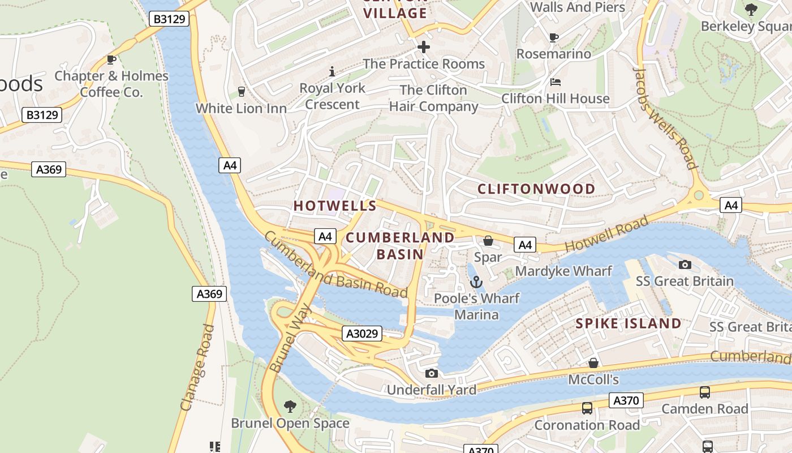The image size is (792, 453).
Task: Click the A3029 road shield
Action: click(361, 334)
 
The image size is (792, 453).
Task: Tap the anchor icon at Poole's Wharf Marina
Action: click(476, 281)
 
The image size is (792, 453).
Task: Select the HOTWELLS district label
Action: click(335, 206)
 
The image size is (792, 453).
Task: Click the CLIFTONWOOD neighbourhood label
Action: click(536, 189)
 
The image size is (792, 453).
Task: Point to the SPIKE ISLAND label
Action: click(628, 324)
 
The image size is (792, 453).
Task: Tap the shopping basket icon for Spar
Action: click(488, 241)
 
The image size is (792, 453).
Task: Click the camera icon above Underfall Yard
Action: click(431, 373)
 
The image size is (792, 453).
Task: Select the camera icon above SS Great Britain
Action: click(685, 264)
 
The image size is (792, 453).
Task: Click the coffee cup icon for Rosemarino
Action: click(554, 37)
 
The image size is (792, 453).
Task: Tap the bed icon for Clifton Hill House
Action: click(556, 82)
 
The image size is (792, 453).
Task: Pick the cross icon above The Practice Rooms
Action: click(424, 47)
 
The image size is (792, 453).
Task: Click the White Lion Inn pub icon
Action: click(242, 92)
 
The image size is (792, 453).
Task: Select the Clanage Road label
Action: click(197, 368)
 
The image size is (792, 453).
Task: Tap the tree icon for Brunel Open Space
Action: click(290, 406)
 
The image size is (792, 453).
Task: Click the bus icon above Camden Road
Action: click(705, 392)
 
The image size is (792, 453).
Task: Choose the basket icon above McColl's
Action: click(593, 363)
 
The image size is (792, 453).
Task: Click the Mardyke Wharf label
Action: click(563, 271)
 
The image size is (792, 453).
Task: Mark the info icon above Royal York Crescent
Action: click(332, 71)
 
